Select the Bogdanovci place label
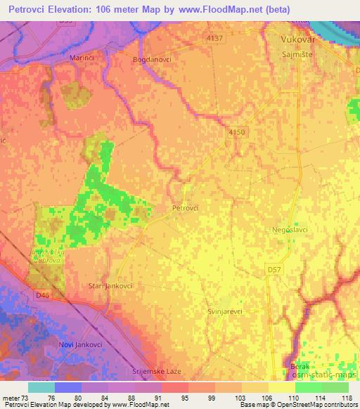pos(151,60)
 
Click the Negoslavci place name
pos(290,229)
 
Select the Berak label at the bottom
pos(300,366)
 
